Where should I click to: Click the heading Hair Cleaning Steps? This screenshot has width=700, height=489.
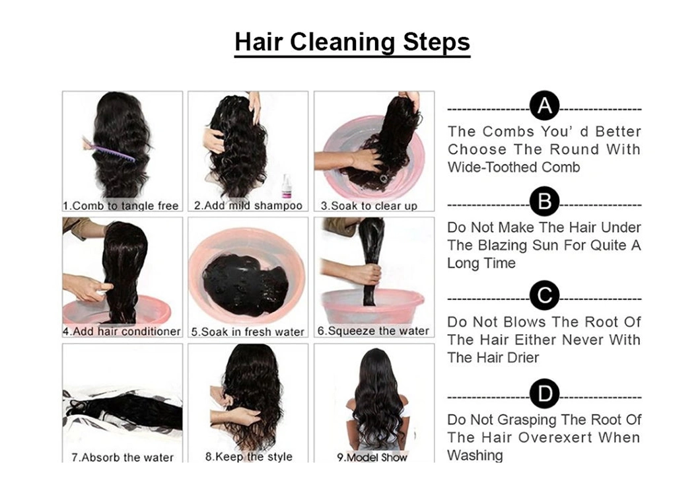pos(352,42)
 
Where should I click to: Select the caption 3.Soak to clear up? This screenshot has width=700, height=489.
pos(368,206)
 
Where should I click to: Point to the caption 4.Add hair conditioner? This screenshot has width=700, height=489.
pos(122,331)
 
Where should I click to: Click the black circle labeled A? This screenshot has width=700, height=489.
pos(544,105)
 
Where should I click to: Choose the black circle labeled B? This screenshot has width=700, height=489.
pos(544,202)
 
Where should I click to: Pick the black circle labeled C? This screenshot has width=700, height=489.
pos(544,295)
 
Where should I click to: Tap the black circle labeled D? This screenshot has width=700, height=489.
pos(544,394)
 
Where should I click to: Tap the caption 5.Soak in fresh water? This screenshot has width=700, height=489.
pos(248,332)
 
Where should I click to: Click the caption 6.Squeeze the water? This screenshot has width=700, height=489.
pos(373,331)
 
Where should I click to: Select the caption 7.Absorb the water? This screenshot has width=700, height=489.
pos(122,457)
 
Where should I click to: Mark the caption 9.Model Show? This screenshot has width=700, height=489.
pos(372,457)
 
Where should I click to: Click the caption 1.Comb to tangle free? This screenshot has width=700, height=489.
pos(121,206)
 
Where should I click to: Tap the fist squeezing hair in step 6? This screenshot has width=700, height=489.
pos(370,275)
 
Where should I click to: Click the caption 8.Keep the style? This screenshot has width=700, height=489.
pos(249,457)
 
